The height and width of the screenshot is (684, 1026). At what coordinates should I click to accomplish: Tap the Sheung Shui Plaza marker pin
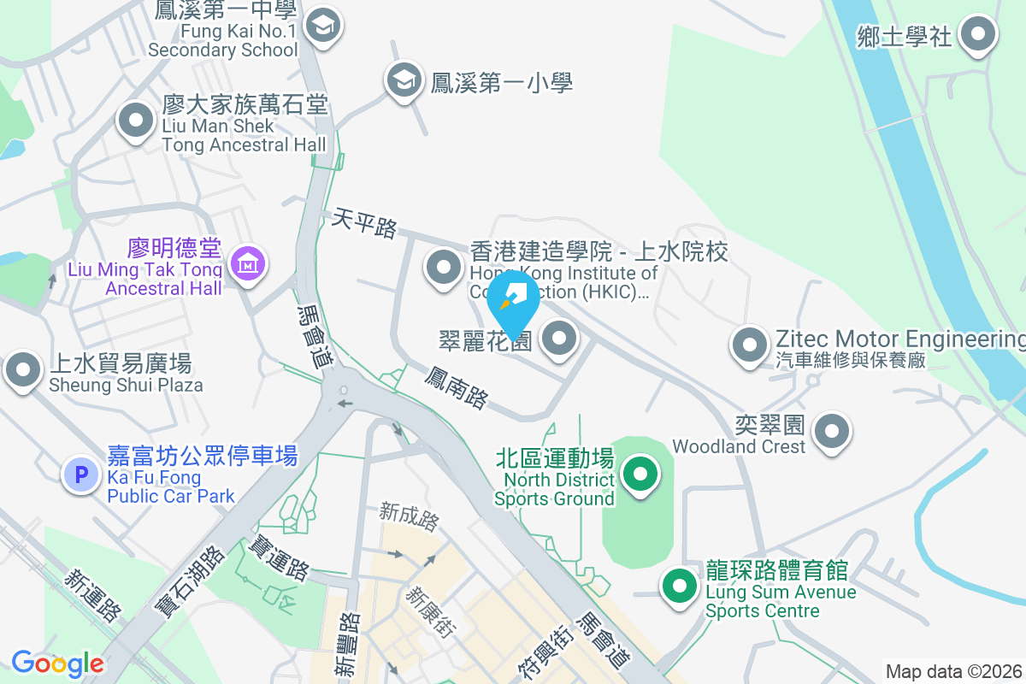point(23,371)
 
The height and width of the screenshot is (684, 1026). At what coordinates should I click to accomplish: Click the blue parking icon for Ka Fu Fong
point(82,473)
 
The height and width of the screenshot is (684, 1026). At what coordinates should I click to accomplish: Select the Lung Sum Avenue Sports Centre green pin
point(680,587)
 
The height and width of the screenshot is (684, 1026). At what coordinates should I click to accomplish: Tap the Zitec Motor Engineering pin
point(751,345)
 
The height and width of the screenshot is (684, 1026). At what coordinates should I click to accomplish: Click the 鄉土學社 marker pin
point(979,36)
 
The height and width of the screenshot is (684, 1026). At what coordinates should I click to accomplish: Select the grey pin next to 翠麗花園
point(560,339)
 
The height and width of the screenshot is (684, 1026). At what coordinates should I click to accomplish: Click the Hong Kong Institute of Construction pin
point(444,268)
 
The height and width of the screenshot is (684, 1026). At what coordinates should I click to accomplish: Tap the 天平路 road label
point(366,224)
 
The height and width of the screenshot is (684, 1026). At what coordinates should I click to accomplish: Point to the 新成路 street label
point(410,516)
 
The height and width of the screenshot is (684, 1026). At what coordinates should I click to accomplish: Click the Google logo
point(57,663)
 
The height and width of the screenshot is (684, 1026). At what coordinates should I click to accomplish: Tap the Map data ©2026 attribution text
point(953,671)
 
